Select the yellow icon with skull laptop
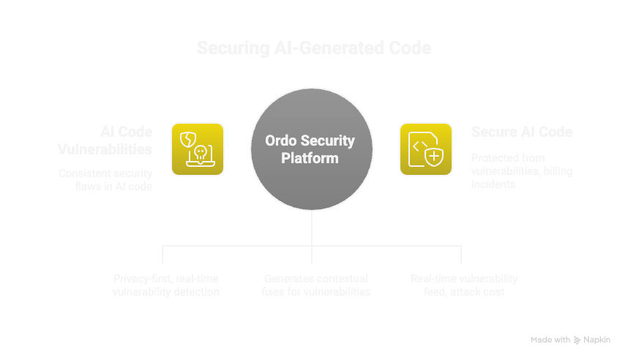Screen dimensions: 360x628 tap(198, 149)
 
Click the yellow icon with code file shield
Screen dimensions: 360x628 tap(425, 149)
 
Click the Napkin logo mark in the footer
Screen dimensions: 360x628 tap(577, 340)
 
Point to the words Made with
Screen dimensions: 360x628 tap(550, 340)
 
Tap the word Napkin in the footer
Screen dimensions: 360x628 tap(597, 340)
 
